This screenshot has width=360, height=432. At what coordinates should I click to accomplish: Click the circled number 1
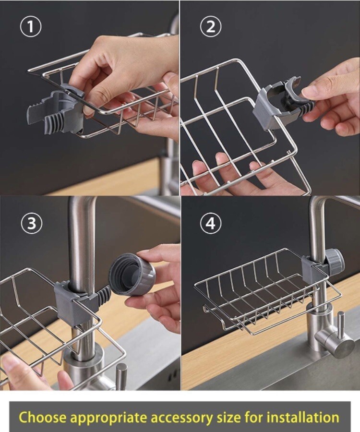[31, 27]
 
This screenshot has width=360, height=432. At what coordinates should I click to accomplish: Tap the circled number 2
[211, 27]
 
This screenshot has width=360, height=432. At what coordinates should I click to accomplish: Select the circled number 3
[32, 223]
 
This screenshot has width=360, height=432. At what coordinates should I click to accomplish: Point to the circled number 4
[211, 223]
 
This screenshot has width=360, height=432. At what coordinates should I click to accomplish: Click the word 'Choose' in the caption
[43, 417]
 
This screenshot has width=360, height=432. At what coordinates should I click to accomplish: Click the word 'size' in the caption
[228, 417]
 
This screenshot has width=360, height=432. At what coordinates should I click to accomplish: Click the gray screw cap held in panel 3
[133, 274]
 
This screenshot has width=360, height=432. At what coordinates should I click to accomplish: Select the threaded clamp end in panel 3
[103, 296]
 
